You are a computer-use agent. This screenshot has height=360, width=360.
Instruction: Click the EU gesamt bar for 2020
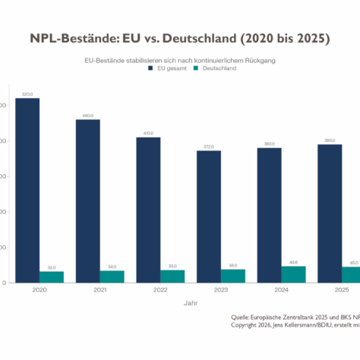tap(27, 190)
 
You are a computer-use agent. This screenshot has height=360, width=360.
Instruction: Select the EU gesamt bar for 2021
tap(87, 201)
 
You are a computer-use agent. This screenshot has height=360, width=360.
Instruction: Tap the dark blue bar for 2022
tap(148, 210)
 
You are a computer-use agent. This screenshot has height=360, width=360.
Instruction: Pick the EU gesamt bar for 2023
tap(209, 216)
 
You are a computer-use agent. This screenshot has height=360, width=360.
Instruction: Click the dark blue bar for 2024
tap(270, 215)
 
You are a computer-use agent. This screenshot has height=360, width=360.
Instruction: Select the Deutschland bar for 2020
tap(52, 277)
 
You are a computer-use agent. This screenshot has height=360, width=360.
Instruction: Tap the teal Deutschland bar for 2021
tap(112, 276)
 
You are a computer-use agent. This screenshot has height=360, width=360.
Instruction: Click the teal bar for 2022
tap(172, 276)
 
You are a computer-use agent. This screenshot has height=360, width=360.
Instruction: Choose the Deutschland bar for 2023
tap(233, 276)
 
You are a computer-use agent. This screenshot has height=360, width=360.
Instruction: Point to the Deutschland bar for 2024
tap(293, 274)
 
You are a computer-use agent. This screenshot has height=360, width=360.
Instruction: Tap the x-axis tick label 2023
tap(221, 289)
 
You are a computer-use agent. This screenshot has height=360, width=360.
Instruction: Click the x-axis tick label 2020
tap(39, 289)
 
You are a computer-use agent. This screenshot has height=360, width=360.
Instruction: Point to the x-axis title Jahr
tap(191, 302)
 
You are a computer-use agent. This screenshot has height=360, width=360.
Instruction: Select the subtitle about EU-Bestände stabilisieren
tap(181, 59)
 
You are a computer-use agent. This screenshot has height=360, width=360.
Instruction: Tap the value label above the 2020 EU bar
tap(27, 94)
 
